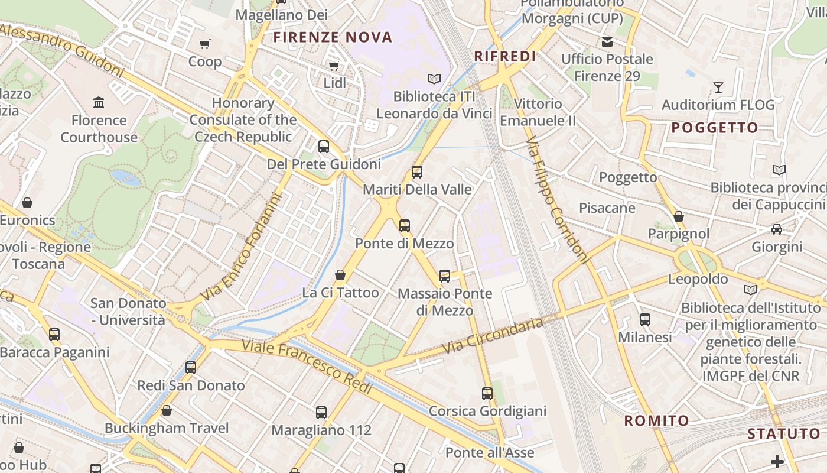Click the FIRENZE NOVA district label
click(333, 37)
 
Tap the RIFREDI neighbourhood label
click(506, 56)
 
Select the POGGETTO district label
click(715, 128)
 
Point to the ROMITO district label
click(657, 421)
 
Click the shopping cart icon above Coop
click(205, 44)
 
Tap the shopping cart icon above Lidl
click(334, 66)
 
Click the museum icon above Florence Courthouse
click(99, 103)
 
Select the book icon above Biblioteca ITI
click(434, 79)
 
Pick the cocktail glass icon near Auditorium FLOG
click(718, 88)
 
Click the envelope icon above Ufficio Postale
click(607, 42)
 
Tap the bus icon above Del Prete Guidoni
click(324, 147)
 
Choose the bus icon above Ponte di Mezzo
click(405, 226)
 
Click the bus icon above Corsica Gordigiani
click(487, 394)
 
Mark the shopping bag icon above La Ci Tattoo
click(340, 275)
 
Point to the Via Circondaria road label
click(493, 335)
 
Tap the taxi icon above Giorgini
click(777, 229)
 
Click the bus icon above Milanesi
click(645, 320)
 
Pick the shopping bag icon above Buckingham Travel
click(167, 410)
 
